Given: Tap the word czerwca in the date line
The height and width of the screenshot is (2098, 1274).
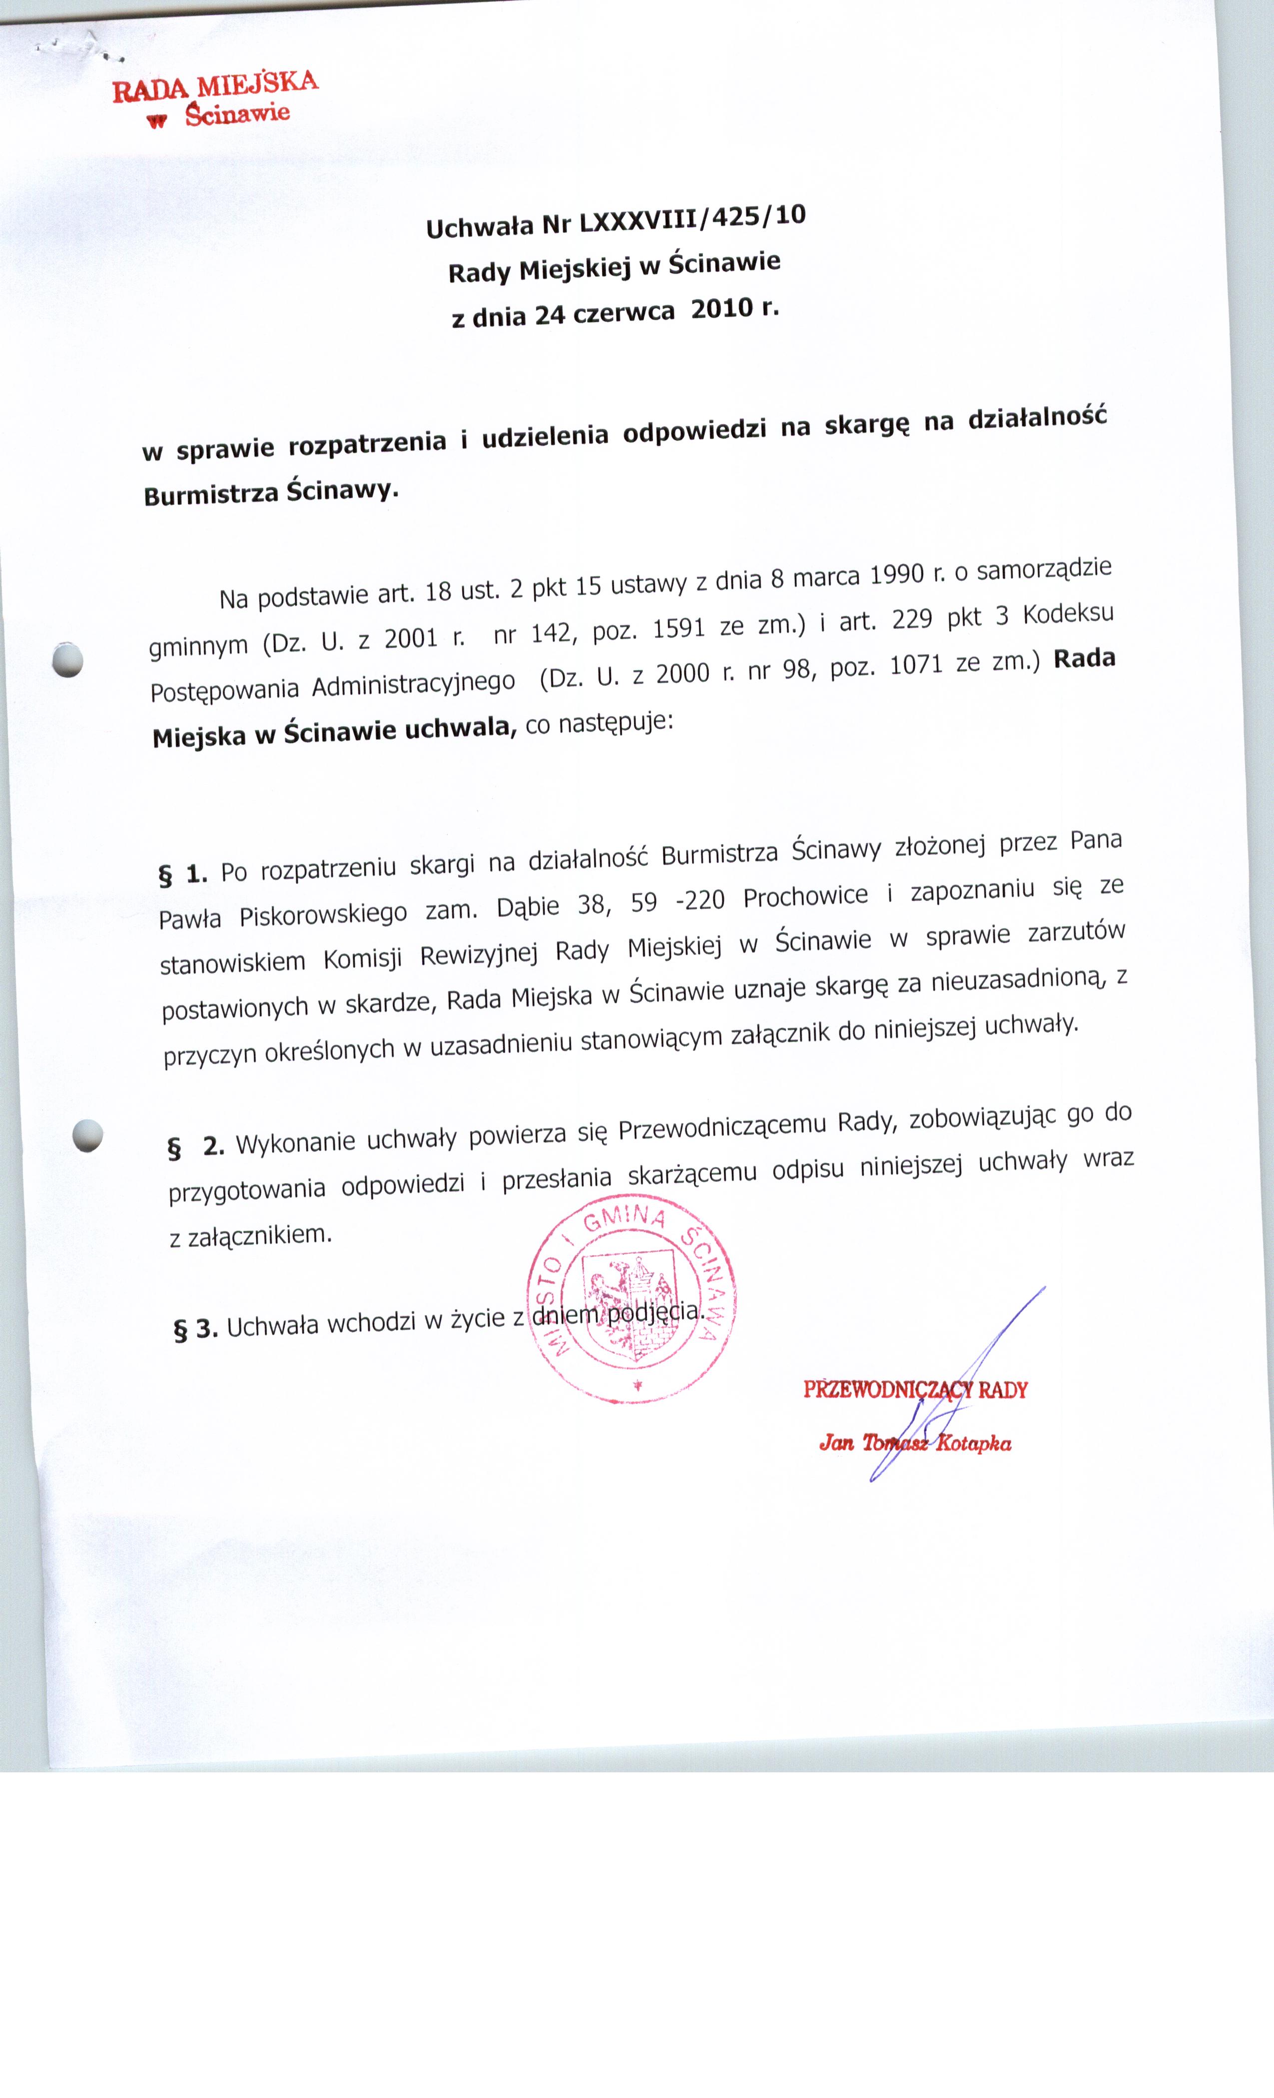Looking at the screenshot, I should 624,313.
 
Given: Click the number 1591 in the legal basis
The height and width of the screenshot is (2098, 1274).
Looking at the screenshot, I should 679,628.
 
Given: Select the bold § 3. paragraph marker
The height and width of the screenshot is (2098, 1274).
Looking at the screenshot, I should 195,1329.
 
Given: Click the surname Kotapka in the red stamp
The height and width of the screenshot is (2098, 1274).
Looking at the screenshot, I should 973,1443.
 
